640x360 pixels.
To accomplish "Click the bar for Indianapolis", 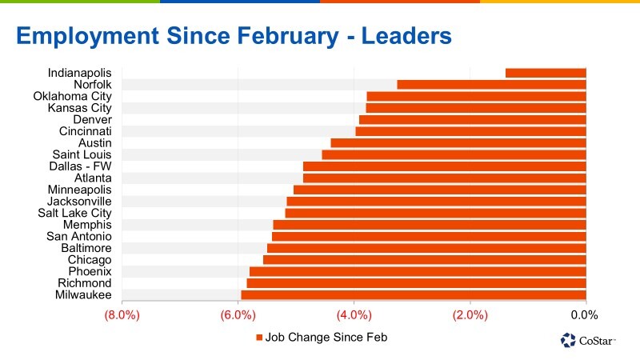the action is click(546, 73).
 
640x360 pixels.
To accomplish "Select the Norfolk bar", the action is click(491, 85).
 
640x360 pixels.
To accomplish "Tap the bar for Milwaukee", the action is click(414, 295).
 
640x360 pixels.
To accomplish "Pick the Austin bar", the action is click(458, 143).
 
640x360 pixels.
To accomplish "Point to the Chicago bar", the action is click(425, 260).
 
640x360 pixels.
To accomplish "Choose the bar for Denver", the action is click(473, 119).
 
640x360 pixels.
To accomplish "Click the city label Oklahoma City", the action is click(72, 96).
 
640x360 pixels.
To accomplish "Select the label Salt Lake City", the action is click(74, 213).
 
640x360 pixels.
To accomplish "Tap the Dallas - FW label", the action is click(81, 166).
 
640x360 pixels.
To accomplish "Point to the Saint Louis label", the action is click(82, 154).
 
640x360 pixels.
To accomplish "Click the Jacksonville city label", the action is click(79, 202).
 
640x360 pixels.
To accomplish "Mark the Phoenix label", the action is click(90, 271).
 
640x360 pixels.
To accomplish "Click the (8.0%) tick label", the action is click(122, 315).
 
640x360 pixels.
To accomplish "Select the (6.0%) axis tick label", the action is click(238, 315).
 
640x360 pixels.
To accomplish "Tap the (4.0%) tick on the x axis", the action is click(354, 315).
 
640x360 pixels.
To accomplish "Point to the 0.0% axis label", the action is click(584, 315).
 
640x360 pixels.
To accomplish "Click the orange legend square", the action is click(258, 338).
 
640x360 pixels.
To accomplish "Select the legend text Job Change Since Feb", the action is click(326, 338).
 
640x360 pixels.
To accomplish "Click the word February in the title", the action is click(288, 36).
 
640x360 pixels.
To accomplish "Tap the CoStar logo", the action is click(588, 340).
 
